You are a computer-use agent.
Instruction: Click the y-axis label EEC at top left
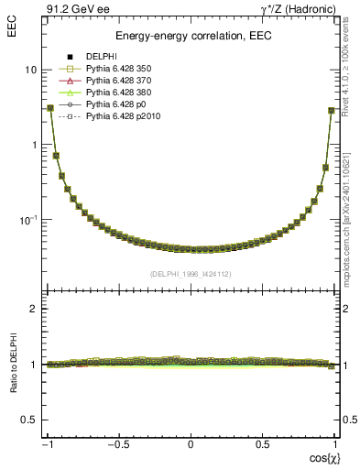[x=14, y=12]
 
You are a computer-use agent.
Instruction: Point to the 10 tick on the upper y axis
[x=30, y=70]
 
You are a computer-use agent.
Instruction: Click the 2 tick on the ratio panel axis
[x=33, y=309]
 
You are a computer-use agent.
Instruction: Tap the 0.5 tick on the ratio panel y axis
[x=28, y=420]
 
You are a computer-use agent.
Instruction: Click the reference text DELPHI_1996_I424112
[x=191, y=274]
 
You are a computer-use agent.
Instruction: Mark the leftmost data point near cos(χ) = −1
[x=50, y=108]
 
